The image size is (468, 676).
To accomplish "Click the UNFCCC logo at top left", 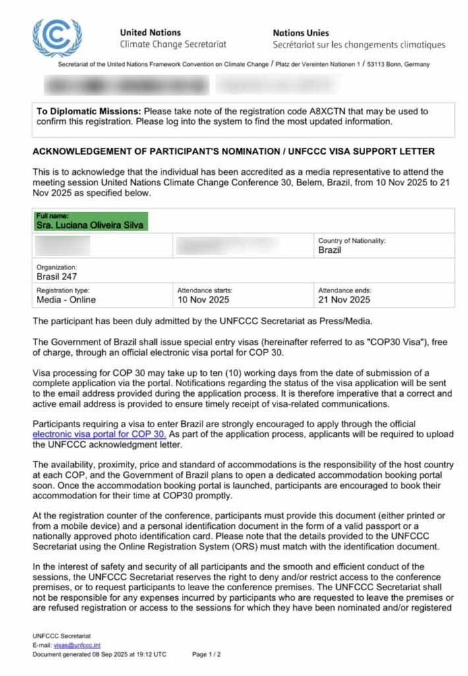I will [x=57, y=37].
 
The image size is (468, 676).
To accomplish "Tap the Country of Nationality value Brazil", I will [x=330, y=250].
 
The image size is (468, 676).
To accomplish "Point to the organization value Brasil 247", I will [x=57, y=276].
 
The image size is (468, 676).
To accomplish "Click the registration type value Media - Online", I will [x=66, y=300].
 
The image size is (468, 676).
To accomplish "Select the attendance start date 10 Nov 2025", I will [x=203, y=300].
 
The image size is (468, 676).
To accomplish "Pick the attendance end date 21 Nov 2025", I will [x=344, y=300].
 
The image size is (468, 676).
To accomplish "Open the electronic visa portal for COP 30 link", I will [x=100, y=434].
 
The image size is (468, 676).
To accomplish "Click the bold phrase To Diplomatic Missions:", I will [x=89, y=111].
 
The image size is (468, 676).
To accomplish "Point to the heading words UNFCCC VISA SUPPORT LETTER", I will [x=351, y=151].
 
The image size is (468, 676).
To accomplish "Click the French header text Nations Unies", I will [x=301, y=32].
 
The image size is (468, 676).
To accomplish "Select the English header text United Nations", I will [x=150, y=32].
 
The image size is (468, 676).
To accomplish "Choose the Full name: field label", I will [x=52, y=216].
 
